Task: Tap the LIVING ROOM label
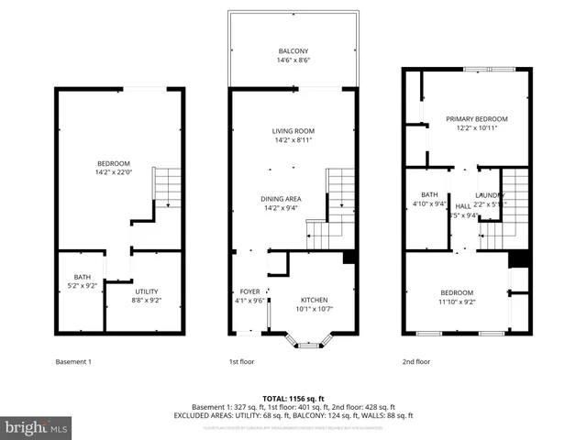coord(293,131)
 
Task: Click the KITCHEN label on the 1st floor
coord(314,300)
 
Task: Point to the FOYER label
coord(249,291)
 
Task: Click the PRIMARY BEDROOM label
coord(476,119)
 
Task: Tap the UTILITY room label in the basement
coord(147,291)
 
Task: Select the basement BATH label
coord(82,278)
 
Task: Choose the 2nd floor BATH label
coord(429,194)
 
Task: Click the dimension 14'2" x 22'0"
coord(113,172)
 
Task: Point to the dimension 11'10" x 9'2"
coord(456,301)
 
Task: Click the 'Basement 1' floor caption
coord(74,361)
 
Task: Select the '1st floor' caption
coord(241,361)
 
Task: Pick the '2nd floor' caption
coord(415,361)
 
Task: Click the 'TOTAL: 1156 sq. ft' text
coord(293,398)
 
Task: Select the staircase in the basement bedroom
coord(167,188)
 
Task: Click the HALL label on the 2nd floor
coord(463,206)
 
